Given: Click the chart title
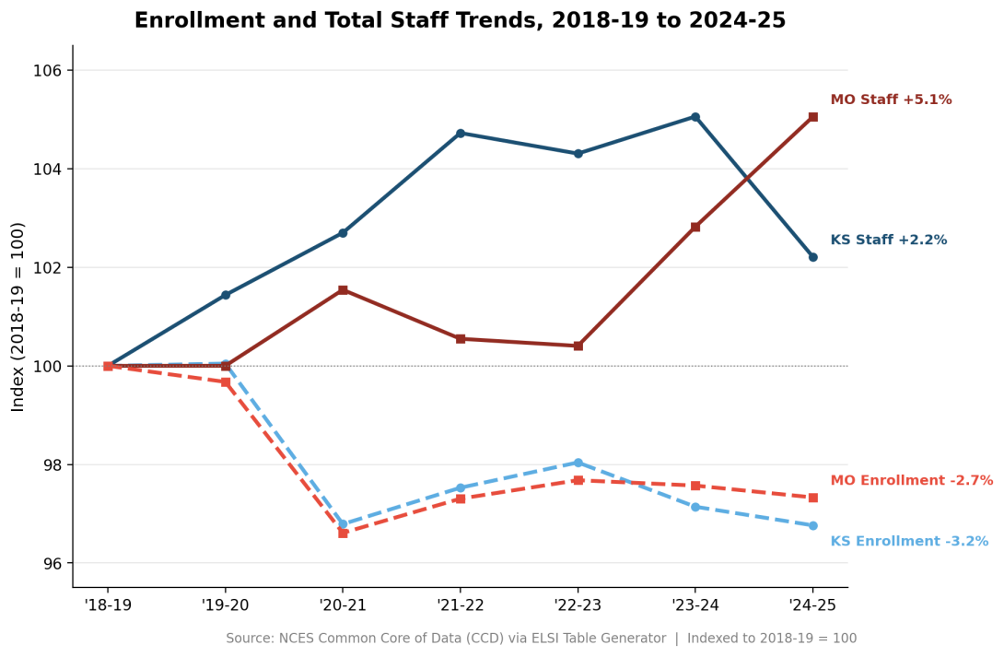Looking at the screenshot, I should point(460,20).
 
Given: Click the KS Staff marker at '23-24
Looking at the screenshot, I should point(695,117).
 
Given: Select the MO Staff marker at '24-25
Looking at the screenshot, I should point(812,117).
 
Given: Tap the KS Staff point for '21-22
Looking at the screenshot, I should point(461,134).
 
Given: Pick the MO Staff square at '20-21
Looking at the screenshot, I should point(343,290).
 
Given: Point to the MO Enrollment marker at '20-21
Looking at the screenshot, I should point(343,533).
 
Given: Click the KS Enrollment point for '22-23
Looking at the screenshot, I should point(578,463).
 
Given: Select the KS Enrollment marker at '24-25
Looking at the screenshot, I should point(812,525).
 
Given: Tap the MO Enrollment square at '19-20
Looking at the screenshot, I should point(226,382).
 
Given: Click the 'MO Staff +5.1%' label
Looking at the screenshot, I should point(891,100).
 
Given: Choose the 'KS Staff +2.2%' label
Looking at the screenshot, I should point(888,240).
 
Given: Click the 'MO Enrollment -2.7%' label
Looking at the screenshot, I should point(911,480).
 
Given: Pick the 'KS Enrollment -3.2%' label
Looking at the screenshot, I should point(909,541).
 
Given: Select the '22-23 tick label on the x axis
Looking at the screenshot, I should point(578,604).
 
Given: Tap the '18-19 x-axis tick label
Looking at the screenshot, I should point(108,604).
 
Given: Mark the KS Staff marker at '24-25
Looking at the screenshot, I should point(812,257).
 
